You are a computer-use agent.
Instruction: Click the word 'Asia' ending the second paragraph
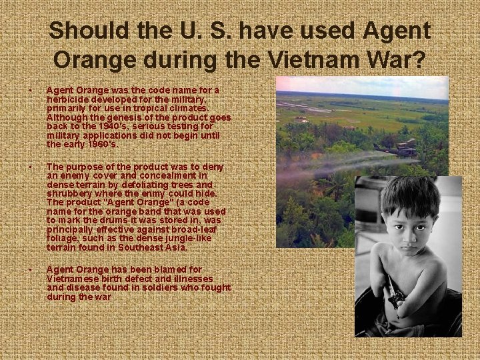[176, 247]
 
